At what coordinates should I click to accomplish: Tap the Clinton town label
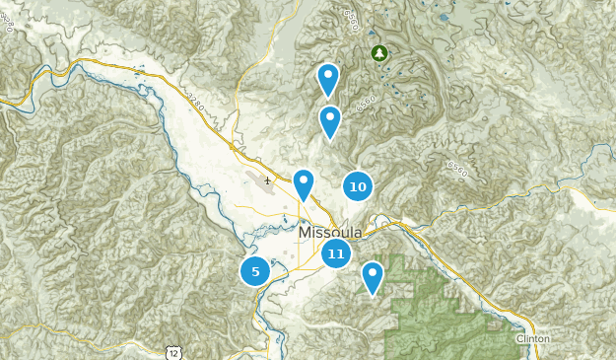pyautogui.click(x=532, y=338)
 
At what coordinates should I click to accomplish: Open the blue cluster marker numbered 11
pyautogui.click(x=336, y=253)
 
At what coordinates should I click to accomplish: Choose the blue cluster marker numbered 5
pyautogui.click(x=255, y=270)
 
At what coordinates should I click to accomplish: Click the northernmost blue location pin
pyautogui.click(x=328, y=77)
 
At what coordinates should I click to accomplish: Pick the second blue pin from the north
pyautogui.click(x=329, y=120)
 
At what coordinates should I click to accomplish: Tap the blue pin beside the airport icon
pyautogui.click(x=304, y=182)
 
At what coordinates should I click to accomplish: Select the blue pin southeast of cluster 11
pyautogui.click(x=372, y=276)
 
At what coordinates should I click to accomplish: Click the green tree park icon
pyautogui.click(x=377, y=52)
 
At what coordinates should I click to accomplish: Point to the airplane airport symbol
pyautogui.click(x=267, y=180)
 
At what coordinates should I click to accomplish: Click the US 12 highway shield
pyautogui.click(x=174, y=351)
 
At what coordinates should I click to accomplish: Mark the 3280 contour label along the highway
pyautogui.click(x=196, y=100)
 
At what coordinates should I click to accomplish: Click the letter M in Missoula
pyautogui.click(x=305, y=231)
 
